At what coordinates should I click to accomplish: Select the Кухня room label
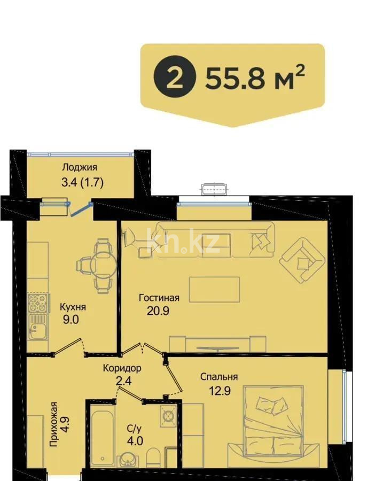point(73,308)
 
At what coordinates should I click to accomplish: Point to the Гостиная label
point(159,298)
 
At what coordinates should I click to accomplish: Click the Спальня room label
point(219,377)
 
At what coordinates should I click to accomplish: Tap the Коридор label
point(122,368)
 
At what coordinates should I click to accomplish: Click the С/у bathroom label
point(134,429)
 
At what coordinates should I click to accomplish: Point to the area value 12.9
point(220,390)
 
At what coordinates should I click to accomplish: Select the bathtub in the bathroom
point(102,437)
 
